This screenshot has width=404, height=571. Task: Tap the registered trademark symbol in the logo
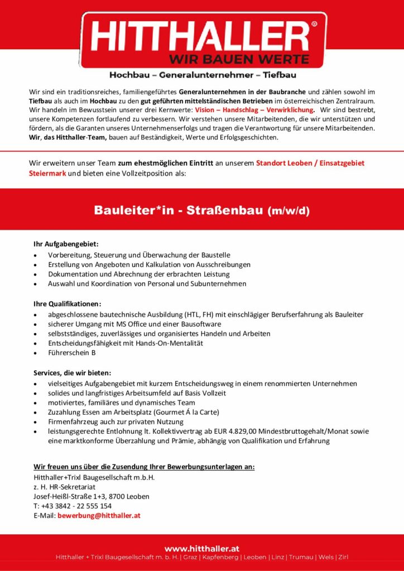point(314,25)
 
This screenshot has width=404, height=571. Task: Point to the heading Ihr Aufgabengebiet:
point(66,244)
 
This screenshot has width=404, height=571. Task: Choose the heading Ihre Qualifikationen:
point(68,303)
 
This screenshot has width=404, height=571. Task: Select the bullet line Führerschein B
point(72,353)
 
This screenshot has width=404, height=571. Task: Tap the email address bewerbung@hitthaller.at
point(99,516)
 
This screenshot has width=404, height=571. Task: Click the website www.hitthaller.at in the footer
point(202,549)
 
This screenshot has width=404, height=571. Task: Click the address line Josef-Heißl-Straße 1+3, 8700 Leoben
point(92,496)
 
